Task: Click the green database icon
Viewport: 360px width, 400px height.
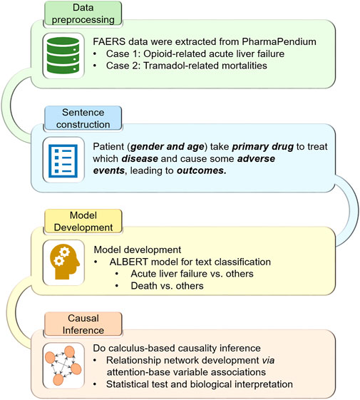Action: pos(63,56)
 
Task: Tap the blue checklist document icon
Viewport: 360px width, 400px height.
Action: pos(63,160)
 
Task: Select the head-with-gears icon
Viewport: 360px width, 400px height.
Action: pos(65,262)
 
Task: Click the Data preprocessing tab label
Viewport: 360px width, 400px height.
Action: pos(83,14)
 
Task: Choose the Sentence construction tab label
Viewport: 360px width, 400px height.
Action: pos(83,118)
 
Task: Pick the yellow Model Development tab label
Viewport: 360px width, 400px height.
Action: pos(83,221)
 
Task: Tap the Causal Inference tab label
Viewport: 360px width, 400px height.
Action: pos(83,324)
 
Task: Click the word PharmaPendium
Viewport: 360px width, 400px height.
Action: pos(279,41)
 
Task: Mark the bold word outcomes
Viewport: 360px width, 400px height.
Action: pos(202,170)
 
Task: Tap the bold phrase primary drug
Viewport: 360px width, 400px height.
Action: pos(263,147)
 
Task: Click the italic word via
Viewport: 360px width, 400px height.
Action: pos(268,360)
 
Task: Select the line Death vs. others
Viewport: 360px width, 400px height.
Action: pos(167,286)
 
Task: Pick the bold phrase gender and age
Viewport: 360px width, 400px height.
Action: pos(168,147)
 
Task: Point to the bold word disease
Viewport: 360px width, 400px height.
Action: pos(140,159)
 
